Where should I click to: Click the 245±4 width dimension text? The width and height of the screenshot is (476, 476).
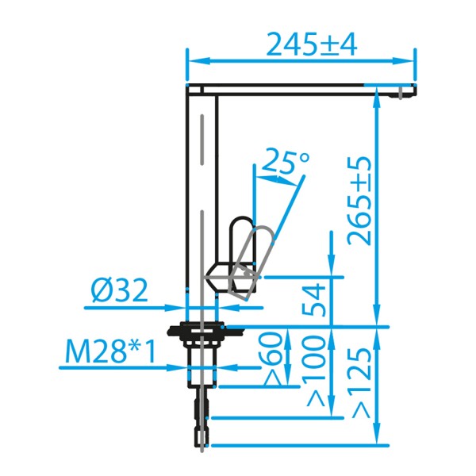(312, 44)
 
